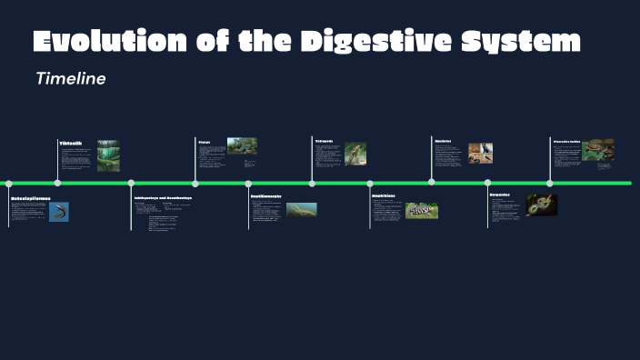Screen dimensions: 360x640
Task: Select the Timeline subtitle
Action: [71, 79]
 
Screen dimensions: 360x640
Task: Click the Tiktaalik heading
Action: [71, 144]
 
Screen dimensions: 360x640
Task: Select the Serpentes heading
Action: [499, 195]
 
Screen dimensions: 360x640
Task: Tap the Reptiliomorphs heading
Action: [265, 196]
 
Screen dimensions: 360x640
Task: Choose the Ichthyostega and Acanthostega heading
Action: [163, 197]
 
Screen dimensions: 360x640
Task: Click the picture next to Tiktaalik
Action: [108, 155]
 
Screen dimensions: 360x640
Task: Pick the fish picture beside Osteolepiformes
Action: [59, 212]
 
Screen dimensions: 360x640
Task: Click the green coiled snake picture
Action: [542, 205]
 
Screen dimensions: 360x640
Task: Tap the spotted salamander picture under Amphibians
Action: [422, 210]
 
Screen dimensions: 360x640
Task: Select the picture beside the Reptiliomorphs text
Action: [302, 209]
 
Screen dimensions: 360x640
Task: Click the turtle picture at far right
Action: [597, 149]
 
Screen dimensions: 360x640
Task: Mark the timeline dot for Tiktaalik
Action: [58, 183]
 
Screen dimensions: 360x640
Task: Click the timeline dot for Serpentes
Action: [488, 183]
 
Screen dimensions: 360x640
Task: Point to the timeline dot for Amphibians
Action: [371, 183]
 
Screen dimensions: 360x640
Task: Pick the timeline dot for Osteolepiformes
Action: [9, 183]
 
